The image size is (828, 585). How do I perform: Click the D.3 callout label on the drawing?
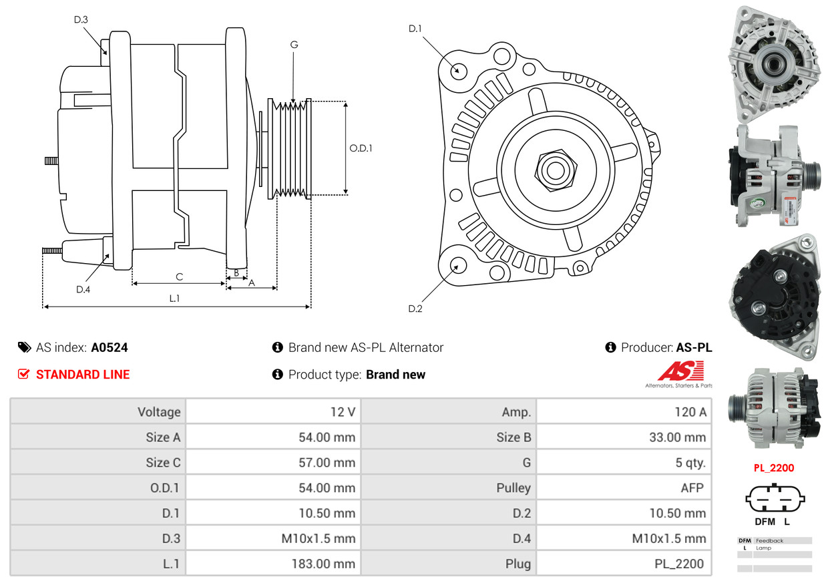click(x=81, y=19)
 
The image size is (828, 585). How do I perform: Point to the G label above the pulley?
click(x=294, y=45)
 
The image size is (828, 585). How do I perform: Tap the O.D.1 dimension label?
click(x=361, y=148)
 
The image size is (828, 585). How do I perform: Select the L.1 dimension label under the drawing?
click(x=174, y=299)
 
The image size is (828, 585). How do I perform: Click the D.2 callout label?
click(x=415, y=309)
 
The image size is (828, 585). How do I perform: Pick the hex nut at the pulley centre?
click(x=554, y=169)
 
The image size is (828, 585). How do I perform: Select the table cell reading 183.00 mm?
click(x=323, y=564)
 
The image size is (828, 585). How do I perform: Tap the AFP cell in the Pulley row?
click(x=692, y=488)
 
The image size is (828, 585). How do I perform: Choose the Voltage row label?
click(x=159, y=412)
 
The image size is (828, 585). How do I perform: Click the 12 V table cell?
click(x=343, y=412)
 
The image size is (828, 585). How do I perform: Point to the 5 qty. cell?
click(x=690, y=463)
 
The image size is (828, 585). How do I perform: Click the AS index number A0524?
click(x=110, y=347)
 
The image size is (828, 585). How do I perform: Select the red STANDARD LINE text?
click(x=83, y=375)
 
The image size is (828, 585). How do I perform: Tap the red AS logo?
click(x=680, y=371)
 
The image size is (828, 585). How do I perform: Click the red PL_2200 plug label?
click(x=774, y=468)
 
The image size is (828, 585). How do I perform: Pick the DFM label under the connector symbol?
click(x=765, y=522)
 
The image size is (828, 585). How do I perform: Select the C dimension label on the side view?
click(x=179, y=276)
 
